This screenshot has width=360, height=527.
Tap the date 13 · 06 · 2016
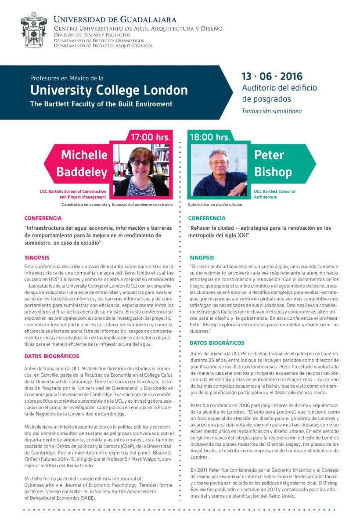point(272,76)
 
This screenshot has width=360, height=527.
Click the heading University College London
point(108,90)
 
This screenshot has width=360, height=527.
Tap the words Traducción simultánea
point(271,111)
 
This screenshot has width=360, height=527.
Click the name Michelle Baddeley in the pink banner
point(84,163)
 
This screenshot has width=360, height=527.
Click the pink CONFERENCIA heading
point(43,218)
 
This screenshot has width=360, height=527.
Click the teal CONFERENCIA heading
point(206,218)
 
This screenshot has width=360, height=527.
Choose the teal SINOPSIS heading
point(202,258)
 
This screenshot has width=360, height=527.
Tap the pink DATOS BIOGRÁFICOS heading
point(52,356)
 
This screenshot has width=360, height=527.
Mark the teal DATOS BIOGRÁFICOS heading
point(217,343)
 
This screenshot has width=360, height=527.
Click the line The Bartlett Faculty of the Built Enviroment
point(101,104)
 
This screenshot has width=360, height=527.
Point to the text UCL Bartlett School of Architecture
point(275,195)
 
